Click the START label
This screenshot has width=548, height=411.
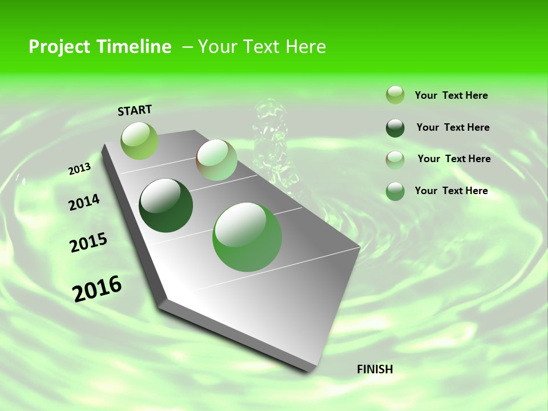[135, 110]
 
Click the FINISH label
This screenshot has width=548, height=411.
[374, 369]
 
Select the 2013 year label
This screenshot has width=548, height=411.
[79, 169]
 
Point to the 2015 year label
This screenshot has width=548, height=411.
[88, 243]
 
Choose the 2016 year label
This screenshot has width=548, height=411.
[97, 288]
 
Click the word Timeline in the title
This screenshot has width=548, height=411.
[135, 47]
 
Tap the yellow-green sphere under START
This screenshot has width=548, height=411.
[139, 140]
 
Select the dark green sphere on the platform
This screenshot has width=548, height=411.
[166, 205]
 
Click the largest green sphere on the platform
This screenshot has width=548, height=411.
[247, 237]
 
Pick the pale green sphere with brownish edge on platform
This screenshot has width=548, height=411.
[216, 160]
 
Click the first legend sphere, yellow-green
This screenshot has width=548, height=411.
[395, 95]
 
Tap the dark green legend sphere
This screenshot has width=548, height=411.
[395, 128]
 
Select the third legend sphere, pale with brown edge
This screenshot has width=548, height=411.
[395, 159]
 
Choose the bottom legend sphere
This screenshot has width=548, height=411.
[395, 191]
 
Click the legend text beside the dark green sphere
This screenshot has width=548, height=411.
[453, 127]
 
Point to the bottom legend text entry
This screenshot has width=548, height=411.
[451, 191]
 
